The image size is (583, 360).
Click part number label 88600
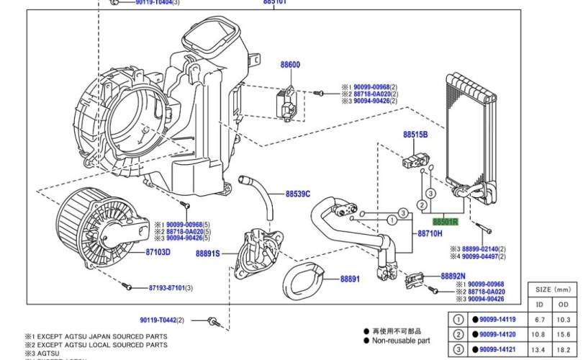point(290,66)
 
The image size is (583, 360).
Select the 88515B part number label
point(415,135)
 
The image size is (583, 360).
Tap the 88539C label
point(297,194)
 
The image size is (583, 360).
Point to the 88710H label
point(430,234)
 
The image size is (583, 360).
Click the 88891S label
point(207,253)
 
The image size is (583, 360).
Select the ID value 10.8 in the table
point(540,334)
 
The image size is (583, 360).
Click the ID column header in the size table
point(540,305)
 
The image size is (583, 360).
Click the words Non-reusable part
point(402,341)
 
